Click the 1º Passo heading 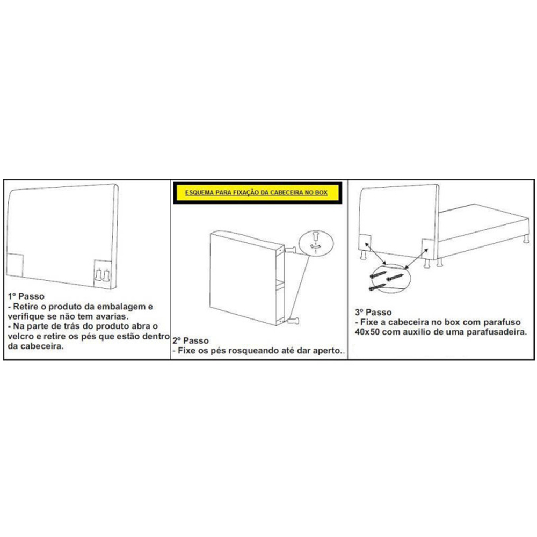tap(26, 296)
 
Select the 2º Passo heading tap(191, 340)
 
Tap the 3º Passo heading tap(373, 312)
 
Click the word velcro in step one tap(20, 336)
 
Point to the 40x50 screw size tap(367, 332)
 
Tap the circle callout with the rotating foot tap(299, 243)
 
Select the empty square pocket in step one tap(14, 265)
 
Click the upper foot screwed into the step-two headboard tap(290, 250)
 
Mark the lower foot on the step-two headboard tap(293, 321)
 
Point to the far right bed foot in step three tap(526, 239)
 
